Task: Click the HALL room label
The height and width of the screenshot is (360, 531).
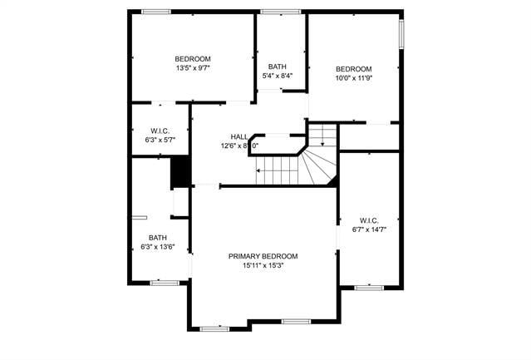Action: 239,136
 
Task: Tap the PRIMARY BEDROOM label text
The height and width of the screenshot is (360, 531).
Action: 263,256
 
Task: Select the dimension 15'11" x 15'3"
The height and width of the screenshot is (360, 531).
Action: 263,266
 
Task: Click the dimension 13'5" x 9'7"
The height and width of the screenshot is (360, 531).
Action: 193,68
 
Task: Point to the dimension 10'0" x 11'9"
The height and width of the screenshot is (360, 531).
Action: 353,78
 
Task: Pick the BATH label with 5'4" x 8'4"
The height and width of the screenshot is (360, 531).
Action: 277,67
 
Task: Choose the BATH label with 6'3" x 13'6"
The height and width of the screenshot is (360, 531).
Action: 157,238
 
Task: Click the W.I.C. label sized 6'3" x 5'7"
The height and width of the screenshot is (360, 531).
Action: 160,131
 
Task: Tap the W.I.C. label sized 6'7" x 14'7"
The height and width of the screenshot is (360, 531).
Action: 370,219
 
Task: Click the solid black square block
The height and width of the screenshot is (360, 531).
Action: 180,171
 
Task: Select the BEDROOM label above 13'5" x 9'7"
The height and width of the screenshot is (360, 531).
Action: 193,58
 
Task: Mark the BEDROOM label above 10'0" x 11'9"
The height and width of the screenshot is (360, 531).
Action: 353,68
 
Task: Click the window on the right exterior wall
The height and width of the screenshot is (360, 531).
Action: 401,34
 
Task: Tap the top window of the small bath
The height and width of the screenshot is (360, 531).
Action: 281,11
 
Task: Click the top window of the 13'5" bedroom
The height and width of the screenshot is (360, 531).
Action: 155,11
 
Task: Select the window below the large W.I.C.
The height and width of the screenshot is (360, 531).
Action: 367,288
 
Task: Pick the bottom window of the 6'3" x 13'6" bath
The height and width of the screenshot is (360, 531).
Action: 164,284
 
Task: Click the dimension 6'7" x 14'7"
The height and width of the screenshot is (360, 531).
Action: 370,229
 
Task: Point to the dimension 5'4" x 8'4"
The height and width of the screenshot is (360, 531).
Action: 277,76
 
